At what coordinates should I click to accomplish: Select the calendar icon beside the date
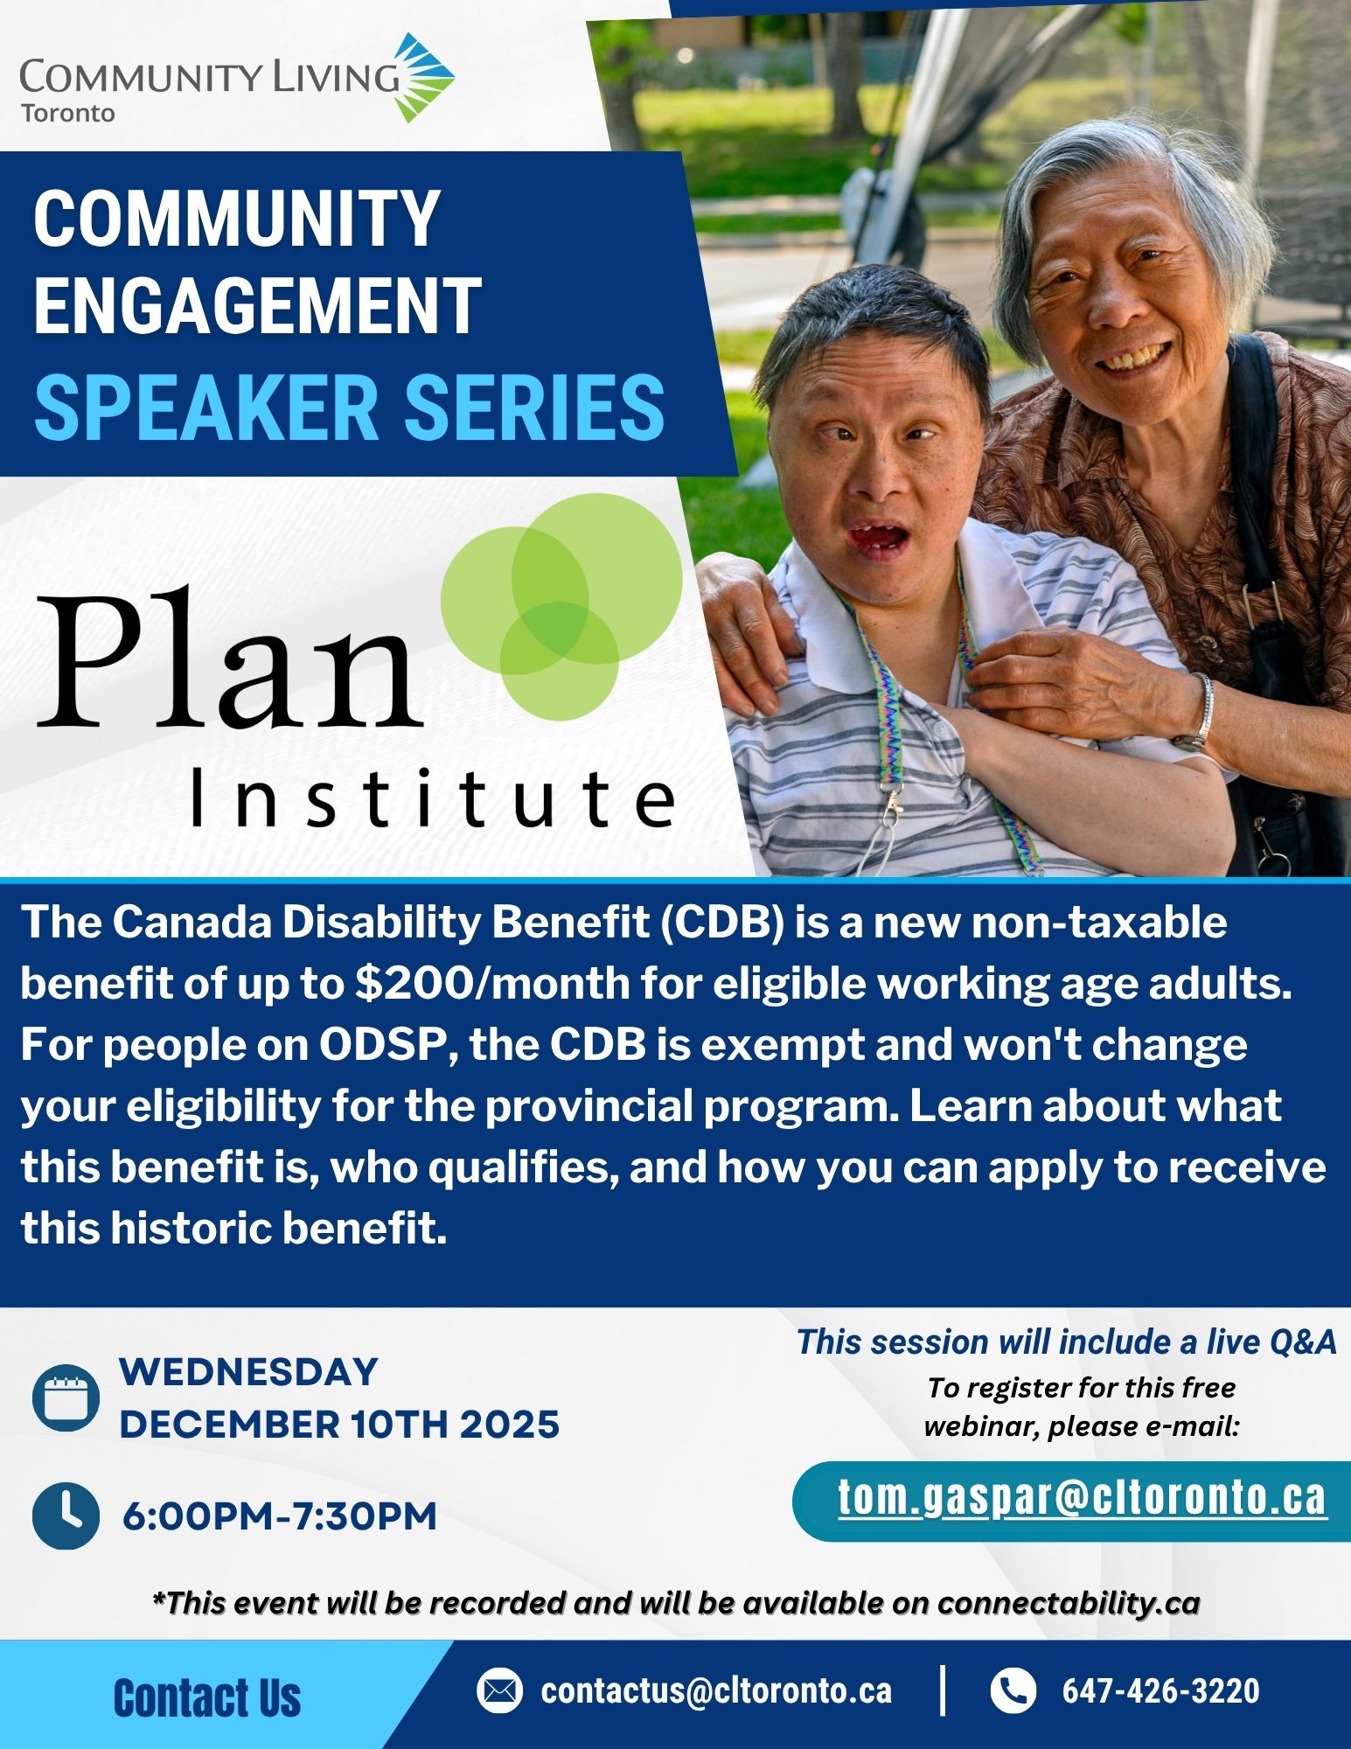pyautogui.click(x=66, y=1397)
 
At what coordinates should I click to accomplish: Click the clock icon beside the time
pyautogui.click(x=66, y=1516)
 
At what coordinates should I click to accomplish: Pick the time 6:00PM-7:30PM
pyautogui.click(x=279, y=1516)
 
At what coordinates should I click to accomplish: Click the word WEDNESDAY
pyautogui.click(x=248, y=1371)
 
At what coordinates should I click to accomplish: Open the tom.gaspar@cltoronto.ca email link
pyautogui.click(x=1083, y=1497)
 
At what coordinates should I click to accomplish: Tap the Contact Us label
pyautogui.click(x=207, y=1698)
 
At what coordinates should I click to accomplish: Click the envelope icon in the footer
pyautogui.click(x=499, y=1690)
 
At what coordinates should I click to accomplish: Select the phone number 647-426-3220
pyautogui.click(x=1160, y=1690)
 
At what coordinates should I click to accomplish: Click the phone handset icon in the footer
pyautogui.click(x=1013, y=1690)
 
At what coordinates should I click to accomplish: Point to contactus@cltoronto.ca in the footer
pyautogui.click(x=716, y=1690)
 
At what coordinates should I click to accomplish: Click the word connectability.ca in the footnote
pyautogui.click(x=1069, y=1603)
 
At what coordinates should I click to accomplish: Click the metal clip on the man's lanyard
pyautogui.click(x=893, y=810)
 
